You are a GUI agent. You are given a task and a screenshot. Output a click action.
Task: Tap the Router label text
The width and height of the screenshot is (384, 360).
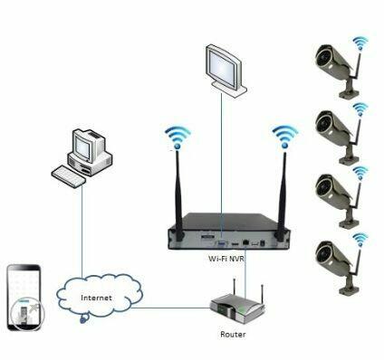[x=233, y=334]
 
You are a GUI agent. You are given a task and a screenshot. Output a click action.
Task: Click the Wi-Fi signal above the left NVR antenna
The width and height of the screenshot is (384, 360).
[x=176, y=137]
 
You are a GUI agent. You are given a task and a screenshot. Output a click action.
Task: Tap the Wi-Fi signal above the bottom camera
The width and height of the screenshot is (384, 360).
[x=360, y=239]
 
